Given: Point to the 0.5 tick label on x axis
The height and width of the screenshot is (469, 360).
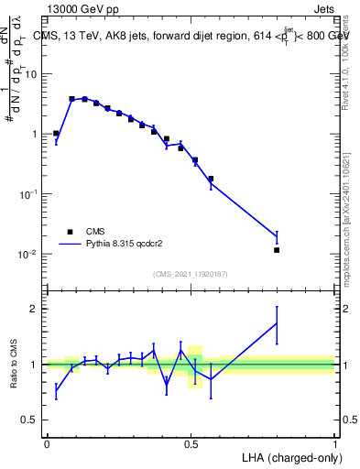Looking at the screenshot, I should pyautogui.click(x=191, y=444).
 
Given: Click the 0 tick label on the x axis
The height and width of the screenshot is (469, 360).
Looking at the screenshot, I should pyautogui.click(x=47, y=444).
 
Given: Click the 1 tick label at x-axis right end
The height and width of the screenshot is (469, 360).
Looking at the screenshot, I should pyautogui.click(x=335, y=444).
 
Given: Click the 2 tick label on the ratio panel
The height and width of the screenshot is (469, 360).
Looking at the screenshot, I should pyautogui.click(x=36, y=309).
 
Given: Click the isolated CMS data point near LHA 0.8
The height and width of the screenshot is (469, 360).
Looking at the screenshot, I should pyautogui.click(x=277, y=250).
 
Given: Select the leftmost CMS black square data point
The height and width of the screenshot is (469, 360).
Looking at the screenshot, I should pyautogui.click(x=56, y=134).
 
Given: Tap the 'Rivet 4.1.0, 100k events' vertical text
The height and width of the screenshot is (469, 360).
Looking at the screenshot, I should pyautogui.click(x=345, y=56).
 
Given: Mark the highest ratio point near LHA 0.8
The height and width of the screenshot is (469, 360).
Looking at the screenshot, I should pyautogui.click(x=277, y=322).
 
